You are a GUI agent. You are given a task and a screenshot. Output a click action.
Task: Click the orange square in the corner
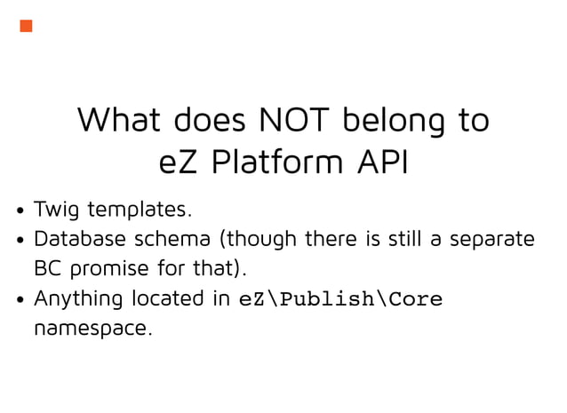pos(26,26)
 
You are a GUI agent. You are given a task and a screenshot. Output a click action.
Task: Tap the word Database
pos(80,240)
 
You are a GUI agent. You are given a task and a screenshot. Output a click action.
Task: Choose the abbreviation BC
pos(47,268)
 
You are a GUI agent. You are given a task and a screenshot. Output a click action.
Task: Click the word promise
pos(112,268)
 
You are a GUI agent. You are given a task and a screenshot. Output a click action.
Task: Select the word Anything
pos(78,298)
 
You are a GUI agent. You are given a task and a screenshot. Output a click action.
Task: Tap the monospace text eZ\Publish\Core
pos(340,299)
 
